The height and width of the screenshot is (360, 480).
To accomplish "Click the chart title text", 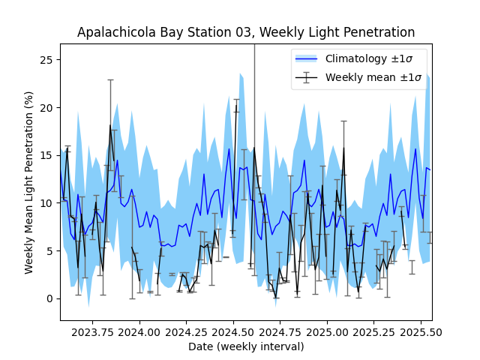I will (246, 32).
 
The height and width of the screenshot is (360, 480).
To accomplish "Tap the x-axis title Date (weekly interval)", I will (246, 346).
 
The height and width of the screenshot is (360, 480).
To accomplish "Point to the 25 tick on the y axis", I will (47, 59).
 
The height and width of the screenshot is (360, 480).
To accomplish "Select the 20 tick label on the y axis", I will (47, 107).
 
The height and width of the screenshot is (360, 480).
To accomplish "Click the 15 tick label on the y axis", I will (47, 155).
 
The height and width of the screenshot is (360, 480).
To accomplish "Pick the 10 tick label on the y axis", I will (47, 203).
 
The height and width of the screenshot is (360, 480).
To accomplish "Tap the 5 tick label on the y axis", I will (50, 250).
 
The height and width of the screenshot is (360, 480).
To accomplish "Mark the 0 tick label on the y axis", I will (50, 298).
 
